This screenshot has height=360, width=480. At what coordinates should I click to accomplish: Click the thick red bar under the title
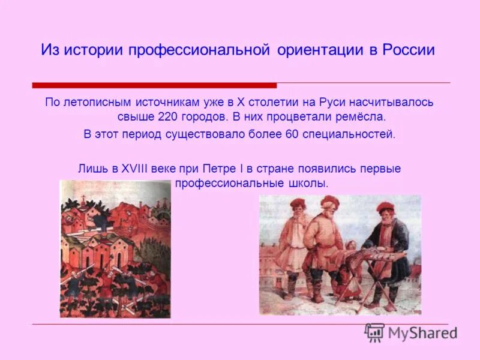(155, 85)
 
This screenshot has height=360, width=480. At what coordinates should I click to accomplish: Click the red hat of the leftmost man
(298, 203)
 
